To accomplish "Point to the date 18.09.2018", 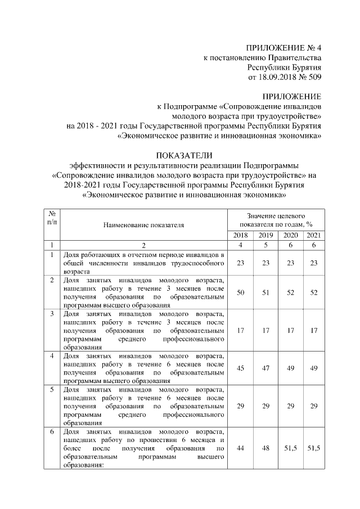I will [276, 77].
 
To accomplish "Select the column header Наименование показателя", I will [143, 225].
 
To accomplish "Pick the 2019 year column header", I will [265, 235].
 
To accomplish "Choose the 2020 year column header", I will [291, 235].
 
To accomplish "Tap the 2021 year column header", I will [314, 235].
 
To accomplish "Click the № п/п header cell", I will [52, 220].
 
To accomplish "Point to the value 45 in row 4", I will [240, 368].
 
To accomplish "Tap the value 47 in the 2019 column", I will [265, 368].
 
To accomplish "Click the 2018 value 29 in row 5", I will [240, 406].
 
